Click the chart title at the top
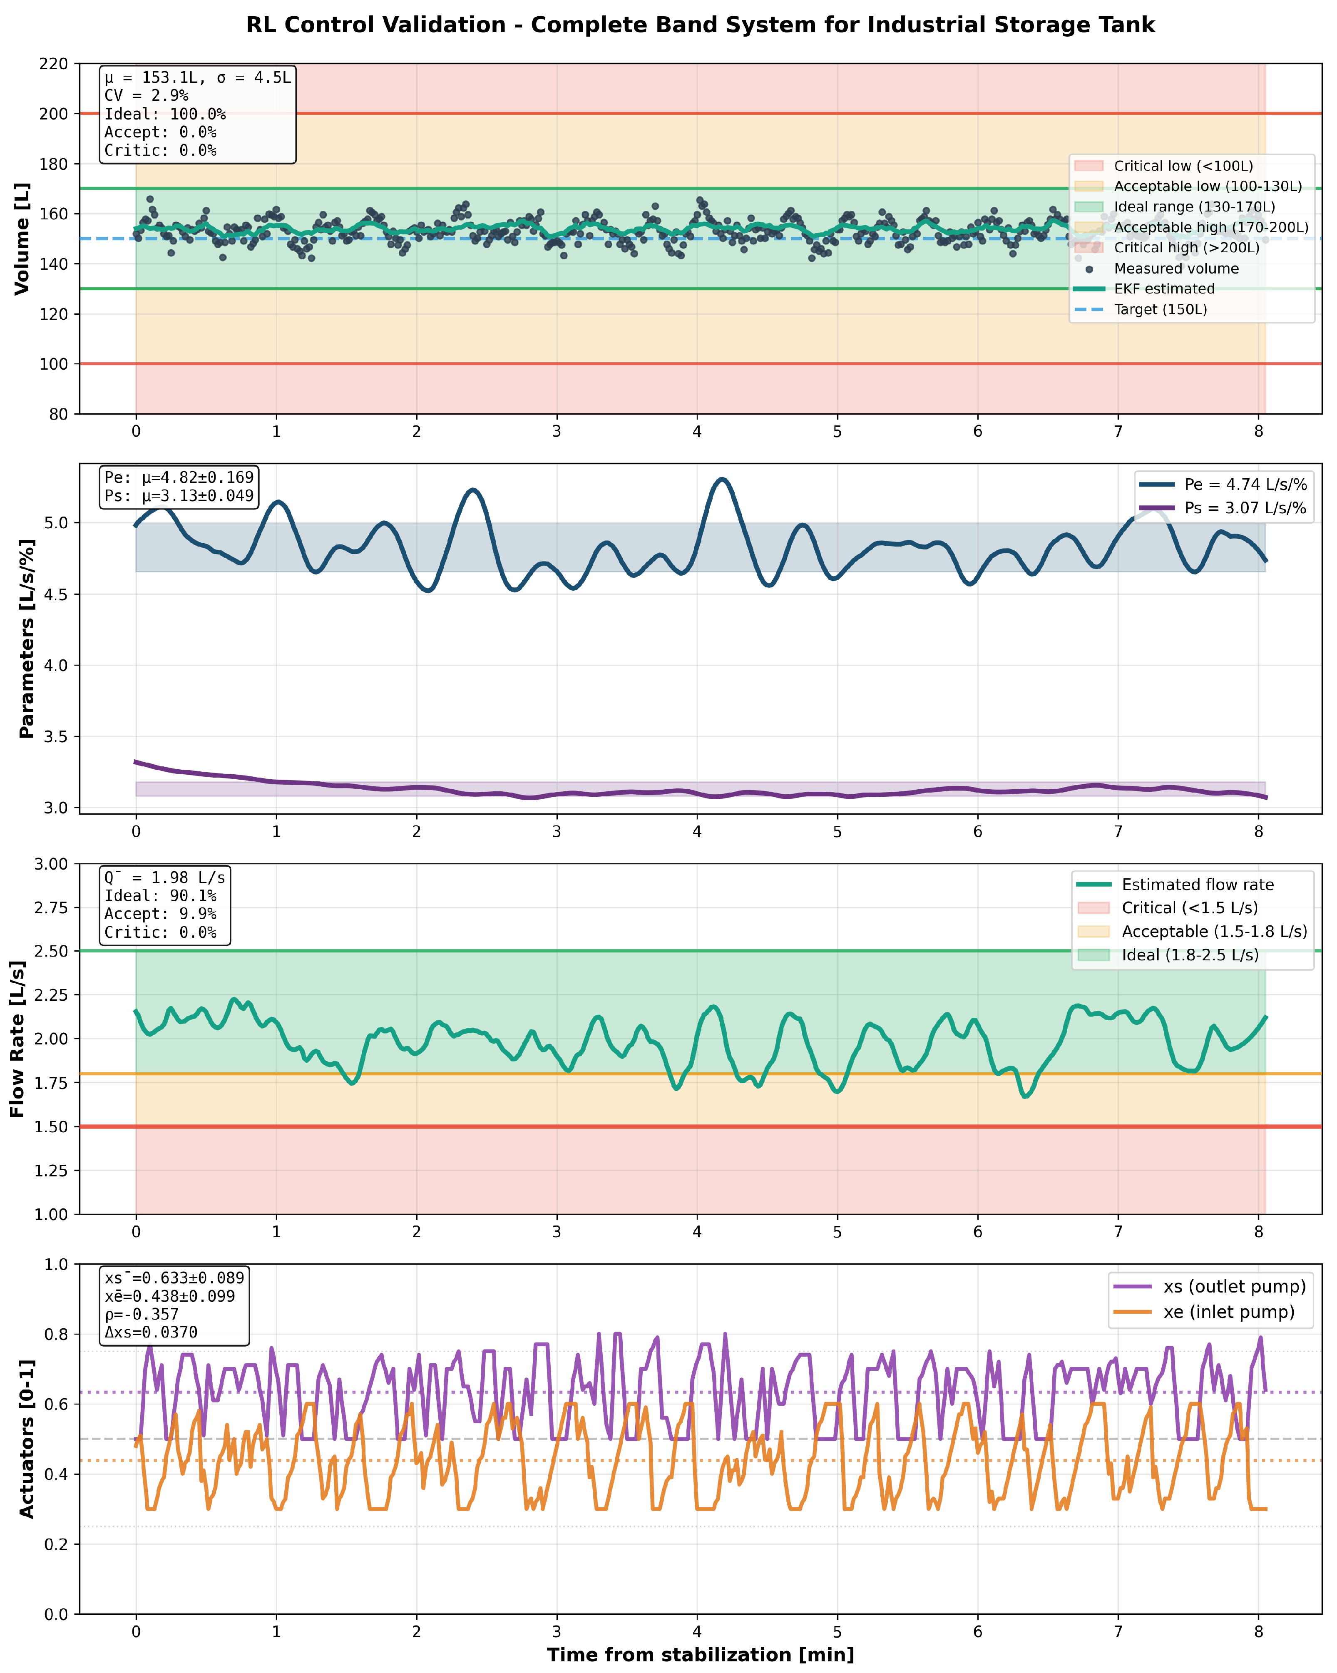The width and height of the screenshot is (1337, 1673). pyautogui.click(x=700, y=25)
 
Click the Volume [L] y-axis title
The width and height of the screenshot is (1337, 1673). pyautogui.click(x=22, y=238)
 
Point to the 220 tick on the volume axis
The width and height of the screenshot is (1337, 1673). pyautogui.click(x=54, y=64)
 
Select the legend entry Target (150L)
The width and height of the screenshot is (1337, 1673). pyautogui.click(x=1160, y=310)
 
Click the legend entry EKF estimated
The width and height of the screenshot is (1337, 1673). pyautogui.click(x=1164, y=288)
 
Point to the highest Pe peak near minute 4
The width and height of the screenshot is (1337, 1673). pyautogui.click(x=723, y=480)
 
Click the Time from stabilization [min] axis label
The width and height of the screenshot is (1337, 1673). pyautogui.click(x=700, y=1655)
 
